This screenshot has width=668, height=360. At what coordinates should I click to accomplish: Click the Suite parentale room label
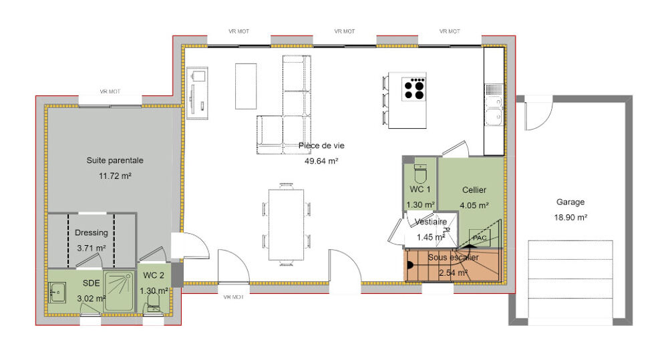[x=115, y=160]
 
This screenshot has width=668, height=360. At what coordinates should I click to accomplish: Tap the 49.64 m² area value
[x=321, y=161]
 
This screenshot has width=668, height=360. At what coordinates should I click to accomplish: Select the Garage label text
[x=570, y=202]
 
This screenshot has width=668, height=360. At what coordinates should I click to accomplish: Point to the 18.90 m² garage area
[x=570, y=217]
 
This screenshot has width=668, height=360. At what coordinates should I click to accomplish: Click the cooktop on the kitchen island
[x=414, y=89]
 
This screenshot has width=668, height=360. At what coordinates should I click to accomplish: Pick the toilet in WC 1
[x=420, y=173]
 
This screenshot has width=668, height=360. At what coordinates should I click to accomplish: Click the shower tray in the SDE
[x=118, y=291]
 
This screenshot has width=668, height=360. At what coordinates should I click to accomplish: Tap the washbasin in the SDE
[x=57, y=293]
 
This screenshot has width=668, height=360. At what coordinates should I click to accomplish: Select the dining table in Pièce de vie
[x=286, y=224]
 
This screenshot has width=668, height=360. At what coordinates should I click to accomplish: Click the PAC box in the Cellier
[x=479, y=238]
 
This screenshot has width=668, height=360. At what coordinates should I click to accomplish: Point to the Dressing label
[x=91, y=232]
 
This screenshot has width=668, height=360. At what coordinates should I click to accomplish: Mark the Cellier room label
[x=474, y=190]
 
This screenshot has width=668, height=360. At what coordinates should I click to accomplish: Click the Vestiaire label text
[x=431, y=222]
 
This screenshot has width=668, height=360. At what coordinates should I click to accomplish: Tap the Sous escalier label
[x=454, y=257]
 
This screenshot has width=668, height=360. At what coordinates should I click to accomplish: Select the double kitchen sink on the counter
[x=494, y=111]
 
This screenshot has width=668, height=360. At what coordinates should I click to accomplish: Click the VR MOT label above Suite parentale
[x=110, y=92]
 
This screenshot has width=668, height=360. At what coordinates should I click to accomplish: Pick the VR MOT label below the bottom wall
[x=233, y=297]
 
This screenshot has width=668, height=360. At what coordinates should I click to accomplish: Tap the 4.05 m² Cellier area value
[x=474, y=205]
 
